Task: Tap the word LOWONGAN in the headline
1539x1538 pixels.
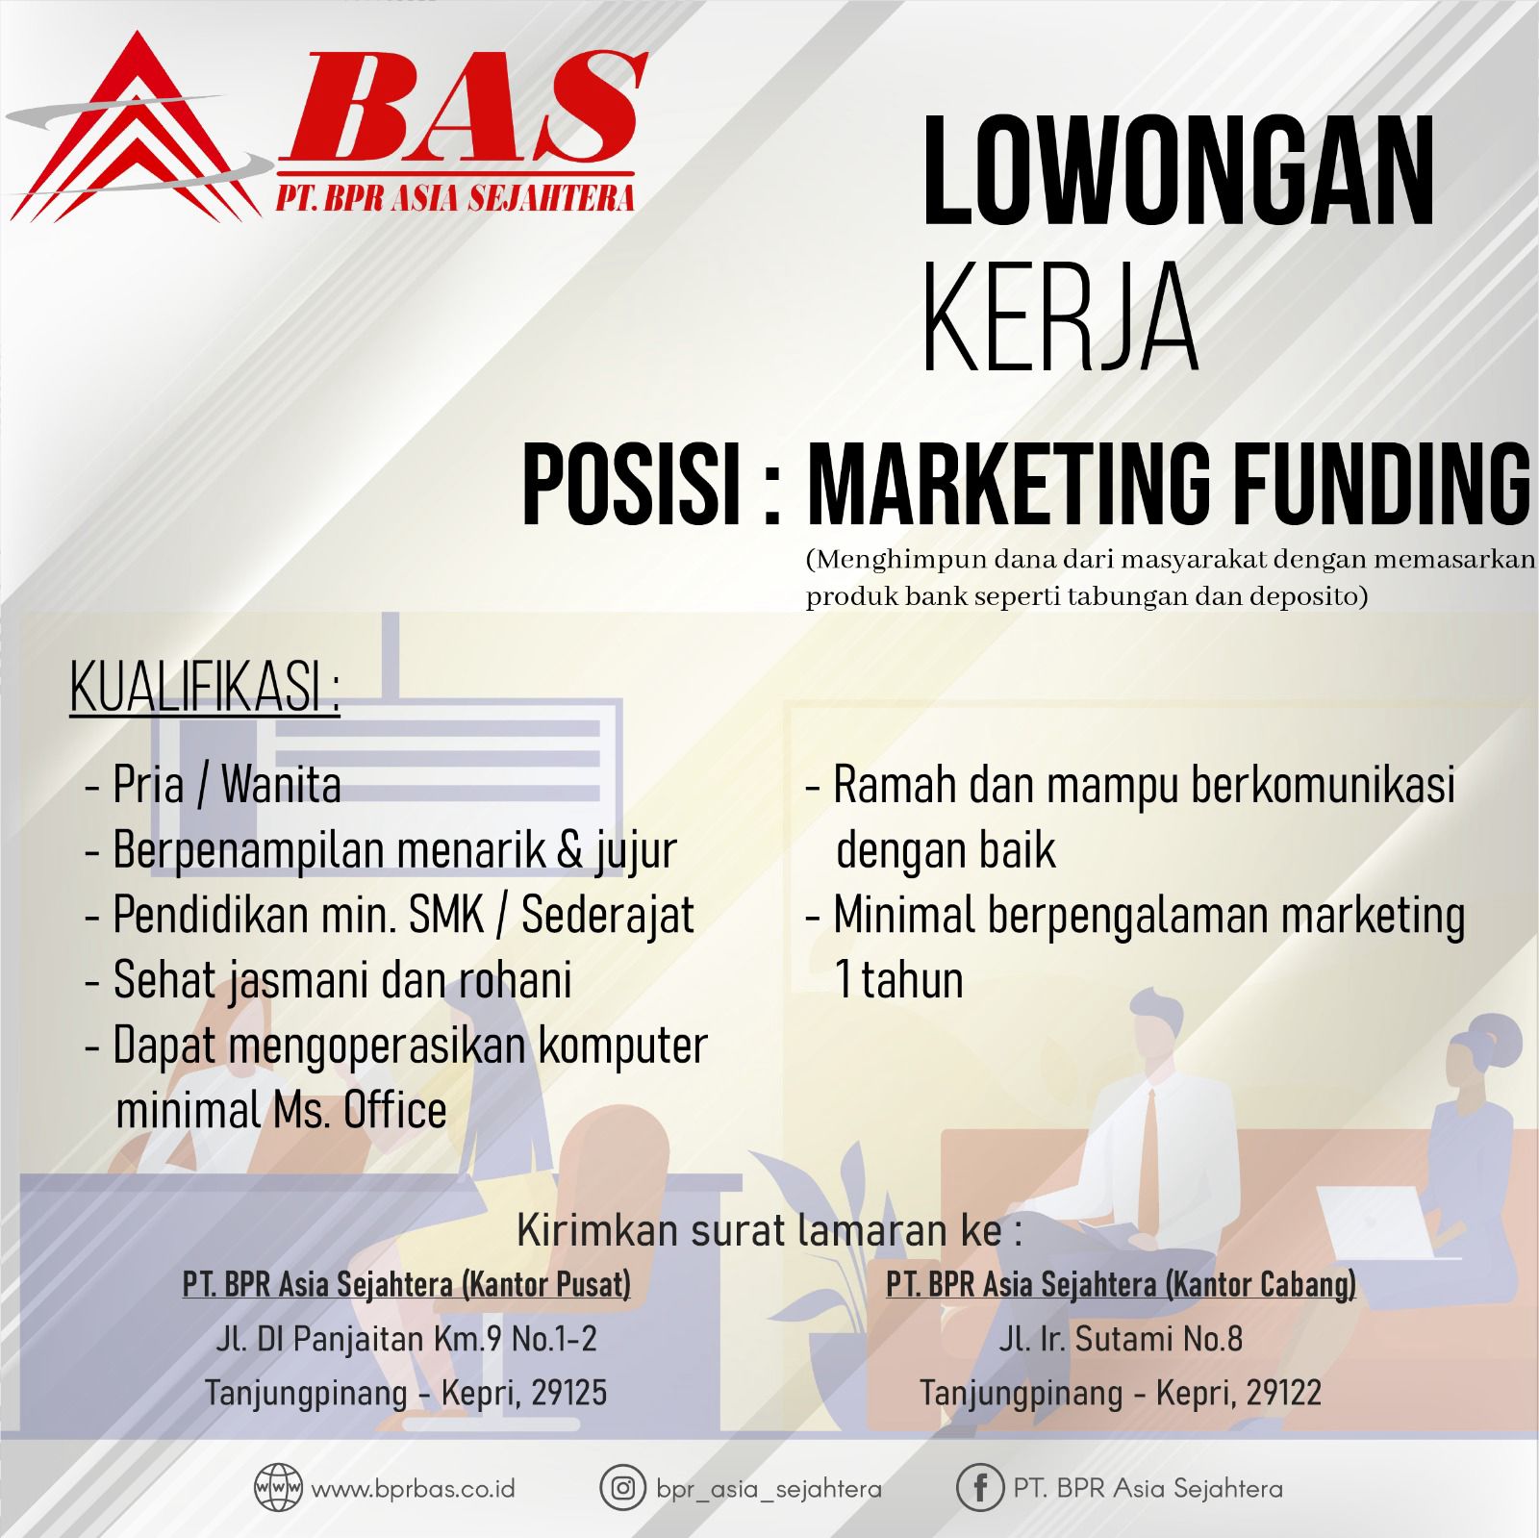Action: coord(1178,171)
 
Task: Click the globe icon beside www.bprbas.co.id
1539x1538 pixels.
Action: coord(278,1488)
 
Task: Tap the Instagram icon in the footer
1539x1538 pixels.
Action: coord(622,1488)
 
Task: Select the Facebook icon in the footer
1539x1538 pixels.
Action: coord(980,1489)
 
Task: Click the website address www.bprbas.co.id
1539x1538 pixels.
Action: coord(414,1489)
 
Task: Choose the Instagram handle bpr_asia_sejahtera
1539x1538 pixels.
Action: coord(769,1489)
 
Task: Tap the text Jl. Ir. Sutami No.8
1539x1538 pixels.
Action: coord(1121,1338)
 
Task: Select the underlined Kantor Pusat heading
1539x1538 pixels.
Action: coord(407,1285)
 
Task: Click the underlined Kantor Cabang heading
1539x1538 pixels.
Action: coord(1121,1285)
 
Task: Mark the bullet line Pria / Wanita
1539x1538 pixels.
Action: coord(214,785)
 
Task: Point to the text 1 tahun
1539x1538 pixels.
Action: coord(899,980)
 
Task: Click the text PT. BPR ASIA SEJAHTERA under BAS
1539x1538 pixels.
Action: coord(455,197)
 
